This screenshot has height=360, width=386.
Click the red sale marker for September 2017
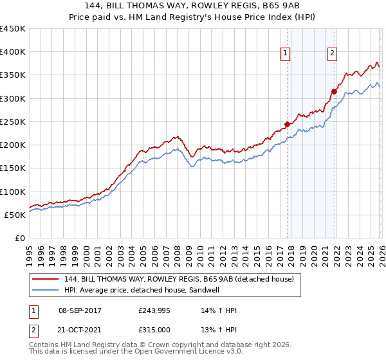(287, 125)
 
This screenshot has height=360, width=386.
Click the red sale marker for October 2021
(334, 91)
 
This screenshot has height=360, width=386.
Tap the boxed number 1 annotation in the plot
(285, 53)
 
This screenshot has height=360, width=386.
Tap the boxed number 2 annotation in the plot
(332, 53)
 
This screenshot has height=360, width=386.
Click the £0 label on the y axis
(20, 239)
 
